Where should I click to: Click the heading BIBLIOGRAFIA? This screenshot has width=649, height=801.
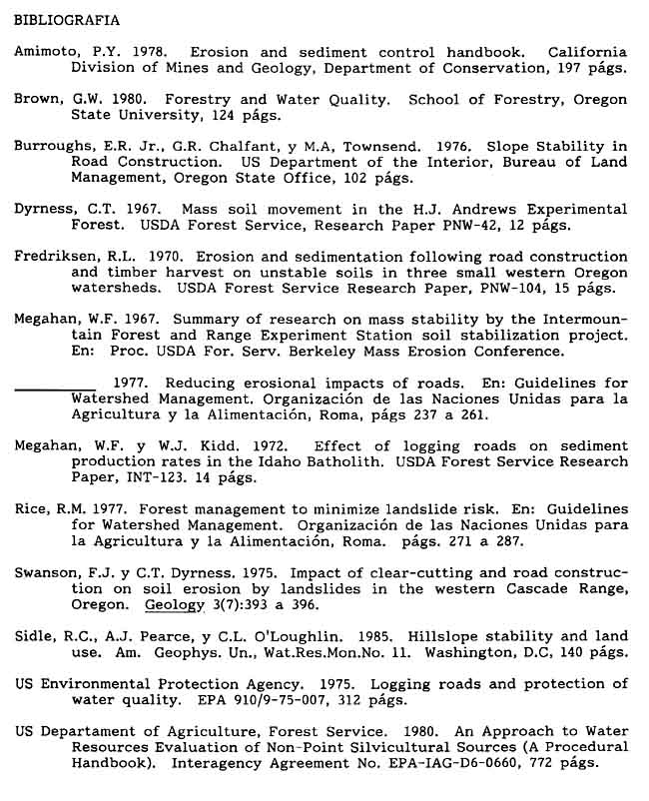(x=66, y=19)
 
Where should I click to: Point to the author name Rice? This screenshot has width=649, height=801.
(x=30, y=507)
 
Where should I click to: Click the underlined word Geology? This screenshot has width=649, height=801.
(x=175, y=604)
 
